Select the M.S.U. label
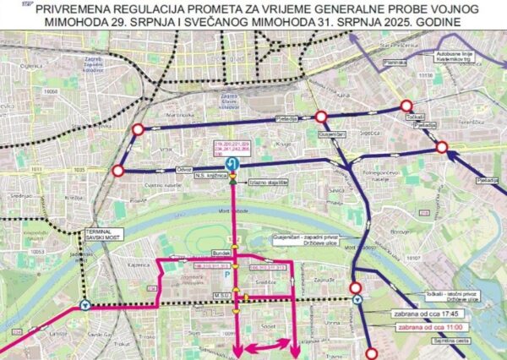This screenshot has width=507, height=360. click(x=222, y=294)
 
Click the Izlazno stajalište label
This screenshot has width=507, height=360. click(x=271, y=182)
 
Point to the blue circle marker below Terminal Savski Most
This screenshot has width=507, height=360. click(x=84, y=306)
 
